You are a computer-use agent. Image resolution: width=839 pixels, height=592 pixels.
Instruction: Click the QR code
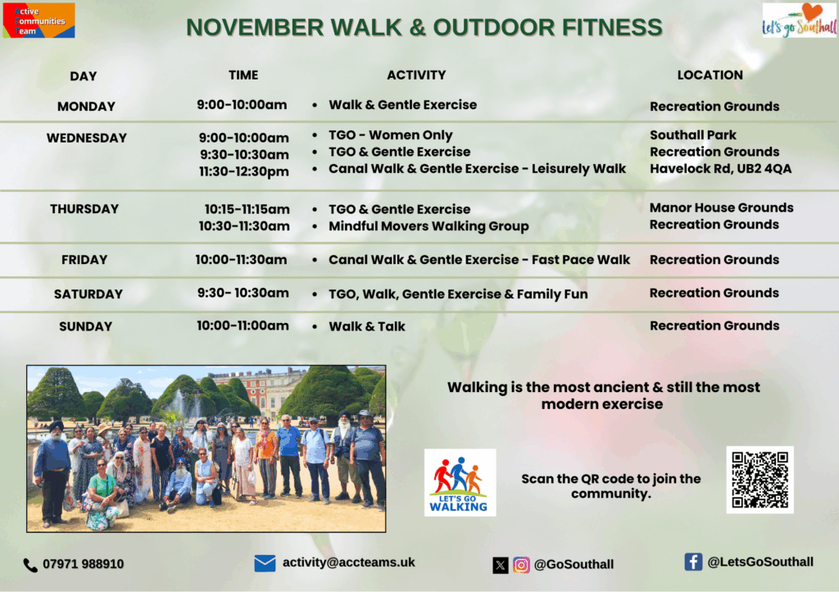tap(760, 480)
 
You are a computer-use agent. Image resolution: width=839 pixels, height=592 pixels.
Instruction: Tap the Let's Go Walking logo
tap(460, 482)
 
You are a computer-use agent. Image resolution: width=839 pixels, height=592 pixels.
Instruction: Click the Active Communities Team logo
tap(39, 20)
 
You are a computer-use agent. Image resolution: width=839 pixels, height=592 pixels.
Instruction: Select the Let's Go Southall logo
tap(800, 20)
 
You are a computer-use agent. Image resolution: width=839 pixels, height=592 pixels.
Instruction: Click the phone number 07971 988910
tap(83, 564)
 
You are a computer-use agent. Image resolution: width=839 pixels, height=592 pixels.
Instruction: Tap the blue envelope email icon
tap(265, 563)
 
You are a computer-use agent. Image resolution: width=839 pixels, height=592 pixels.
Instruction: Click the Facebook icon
tap(693, 562)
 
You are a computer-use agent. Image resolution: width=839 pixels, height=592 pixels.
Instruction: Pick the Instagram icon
tap(521, 565)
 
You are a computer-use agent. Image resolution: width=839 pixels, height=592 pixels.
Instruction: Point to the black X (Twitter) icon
tap(501, 565)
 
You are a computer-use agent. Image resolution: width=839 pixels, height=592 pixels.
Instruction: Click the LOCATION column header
tap(710, 75)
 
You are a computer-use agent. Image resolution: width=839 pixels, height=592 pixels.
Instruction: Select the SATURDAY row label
tap(88, 294)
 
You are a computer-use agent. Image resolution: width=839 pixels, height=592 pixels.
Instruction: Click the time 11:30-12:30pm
tap(244, 172)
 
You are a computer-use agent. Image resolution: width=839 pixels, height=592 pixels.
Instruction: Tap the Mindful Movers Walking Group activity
tap(429, 226)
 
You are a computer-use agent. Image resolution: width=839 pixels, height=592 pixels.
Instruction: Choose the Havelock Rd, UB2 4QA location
tap(720, 169)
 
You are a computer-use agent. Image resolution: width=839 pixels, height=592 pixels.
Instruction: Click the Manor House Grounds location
tap(721, 207)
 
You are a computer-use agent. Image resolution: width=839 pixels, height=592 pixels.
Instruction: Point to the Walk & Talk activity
tap(366, 326)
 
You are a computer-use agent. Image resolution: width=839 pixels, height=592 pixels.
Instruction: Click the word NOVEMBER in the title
tap(255, 27)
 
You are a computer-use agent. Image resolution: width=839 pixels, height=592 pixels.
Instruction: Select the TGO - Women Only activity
tap(391, 135)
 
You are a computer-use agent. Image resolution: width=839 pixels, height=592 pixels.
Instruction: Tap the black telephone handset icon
tap(30, 565)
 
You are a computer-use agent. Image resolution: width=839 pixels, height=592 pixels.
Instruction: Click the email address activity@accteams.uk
tap(348, 562)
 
